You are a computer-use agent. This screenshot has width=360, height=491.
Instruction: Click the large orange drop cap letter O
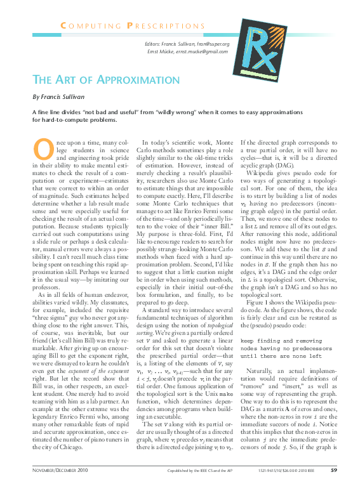point(41,149)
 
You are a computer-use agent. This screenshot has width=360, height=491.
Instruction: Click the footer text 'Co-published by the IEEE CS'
point(184,471)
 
